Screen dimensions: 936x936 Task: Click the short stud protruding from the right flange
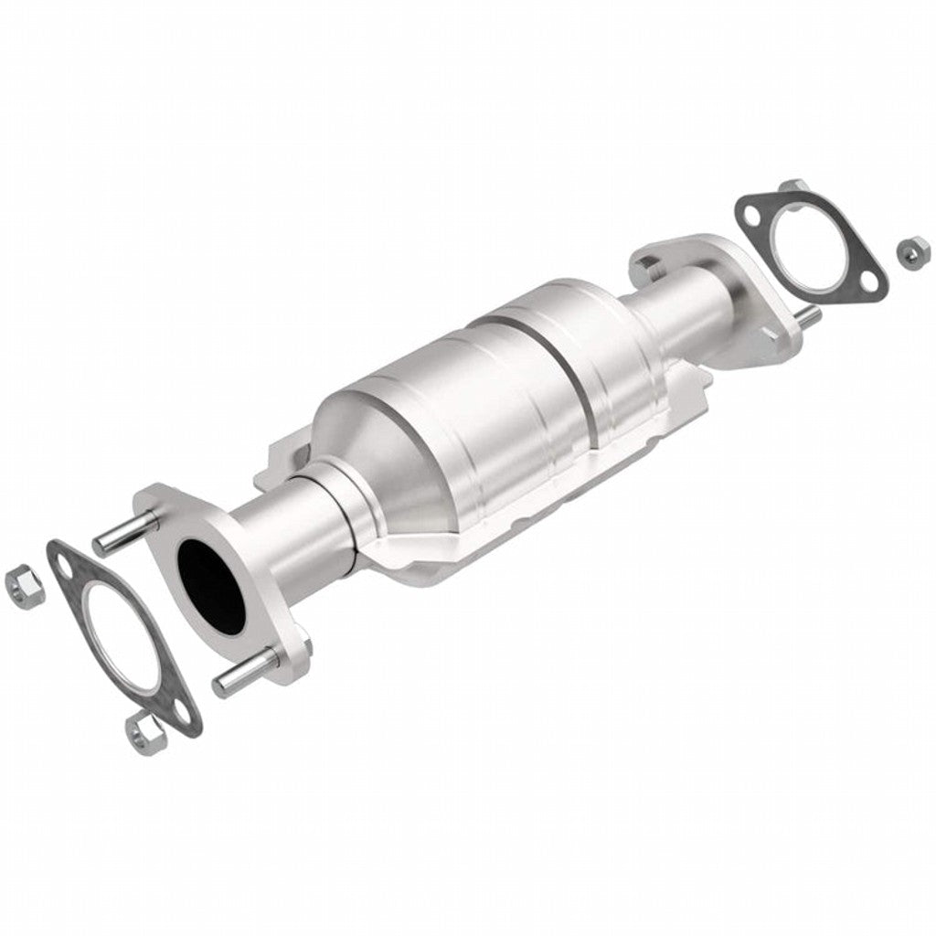pyautogui.click(x=808, y=314)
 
